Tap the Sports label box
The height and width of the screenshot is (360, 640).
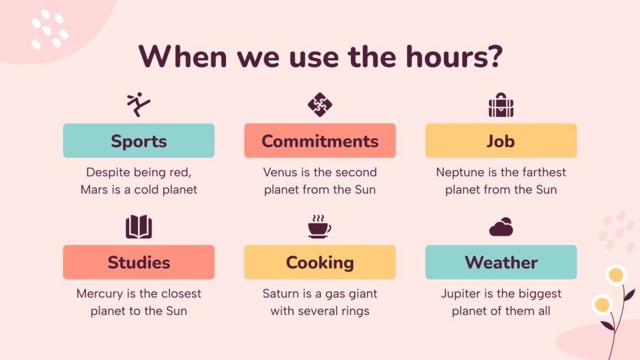pos(139,141)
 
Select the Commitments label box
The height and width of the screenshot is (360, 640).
pos(320,141)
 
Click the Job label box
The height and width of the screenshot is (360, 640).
pos(501,141)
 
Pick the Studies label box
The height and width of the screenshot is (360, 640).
pos(139,262)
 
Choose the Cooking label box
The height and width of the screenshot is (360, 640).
pos(320,262)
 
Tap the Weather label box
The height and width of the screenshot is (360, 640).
pos(501,262)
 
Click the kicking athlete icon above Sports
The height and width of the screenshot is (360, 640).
pos(139,104)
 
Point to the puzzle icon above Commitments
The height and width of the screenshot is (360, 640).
pos(320,105)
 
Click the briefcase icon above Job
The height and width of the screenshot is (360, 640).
pos(501,105)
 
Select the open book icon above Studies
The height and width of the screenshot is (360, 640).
pos(139,227)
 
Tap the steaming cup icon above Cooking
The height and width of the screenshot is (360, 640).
pos(319,226)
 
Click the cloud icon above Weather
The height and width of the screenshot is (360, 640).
pos(501,227)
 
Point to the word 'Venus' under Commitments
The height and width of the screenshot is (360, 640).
pos(281,172)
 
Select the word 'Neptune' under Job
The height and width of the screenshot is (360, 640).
pos(459,172)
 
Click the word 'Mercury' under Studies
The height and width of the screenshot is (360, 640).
pos(100,294)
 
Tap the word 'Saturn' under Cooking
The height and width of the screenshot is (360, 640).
pos(281,294)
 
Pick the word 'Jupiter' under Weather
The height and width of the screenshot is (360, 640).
pos(461,294)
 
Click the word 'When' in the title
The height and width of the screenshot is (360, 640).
pos(182,57)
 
